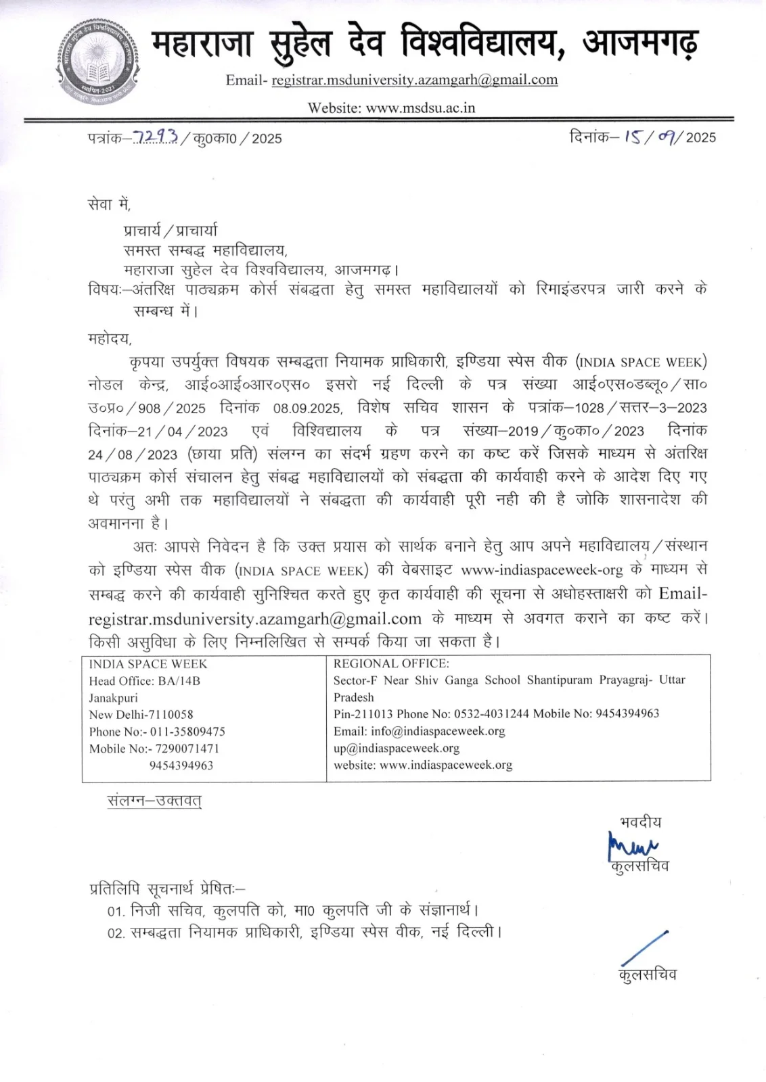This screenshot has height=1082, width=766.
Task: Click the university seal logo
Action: [97, 61]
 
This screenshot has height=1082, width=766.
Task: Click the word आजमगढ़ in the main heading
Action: [640, 42]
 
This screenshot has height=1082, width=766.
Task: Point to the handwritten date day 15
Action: [634, 137]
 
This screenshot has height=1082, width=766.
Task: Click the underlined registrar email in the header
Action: [414, 80]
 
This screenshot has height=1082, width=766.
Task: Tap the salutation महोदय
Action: [110, 338]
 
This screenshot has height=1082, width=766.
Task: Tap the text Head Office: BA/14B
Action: [145, 681]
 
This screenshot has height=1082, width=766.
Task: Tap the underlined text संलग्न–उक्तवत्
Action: [154, 801]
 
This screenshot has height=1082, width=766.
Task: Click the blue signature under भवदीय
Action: [633, 846]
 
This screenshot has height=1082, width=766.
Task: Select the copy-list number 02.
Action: [116, 933]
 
